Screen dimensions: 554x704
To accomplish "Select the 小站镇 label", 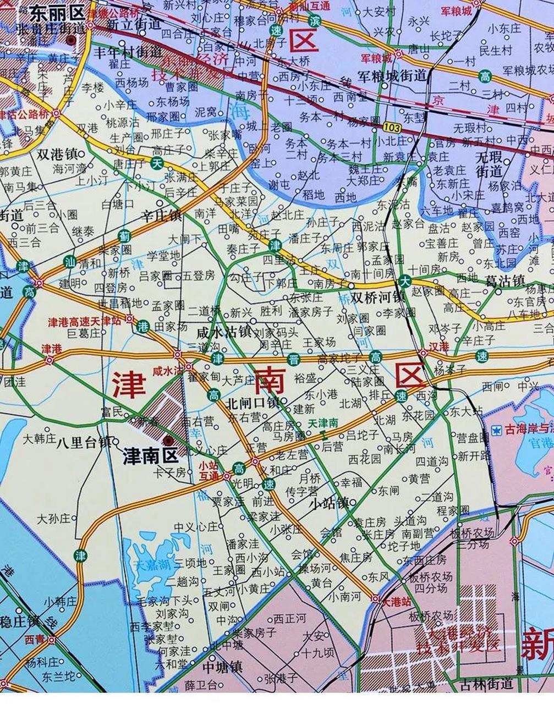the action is [x=328, y=503].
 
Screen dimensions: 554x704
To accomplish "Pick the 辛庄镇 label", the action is [x=161, y=216].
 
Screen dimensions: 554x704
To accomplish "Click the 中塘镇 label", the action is [x=222, y=668].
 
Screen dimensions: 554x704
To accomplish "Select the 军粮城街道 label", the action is [x=392, y=76].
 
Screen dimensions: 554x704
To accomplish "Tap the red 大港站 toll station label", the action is [x=397, y=602].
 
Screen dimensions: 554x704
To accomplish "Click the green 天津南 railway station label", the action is [x=323, y=424].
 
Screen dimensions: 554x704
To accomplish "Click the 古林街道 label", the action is [x=487, y=684].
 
